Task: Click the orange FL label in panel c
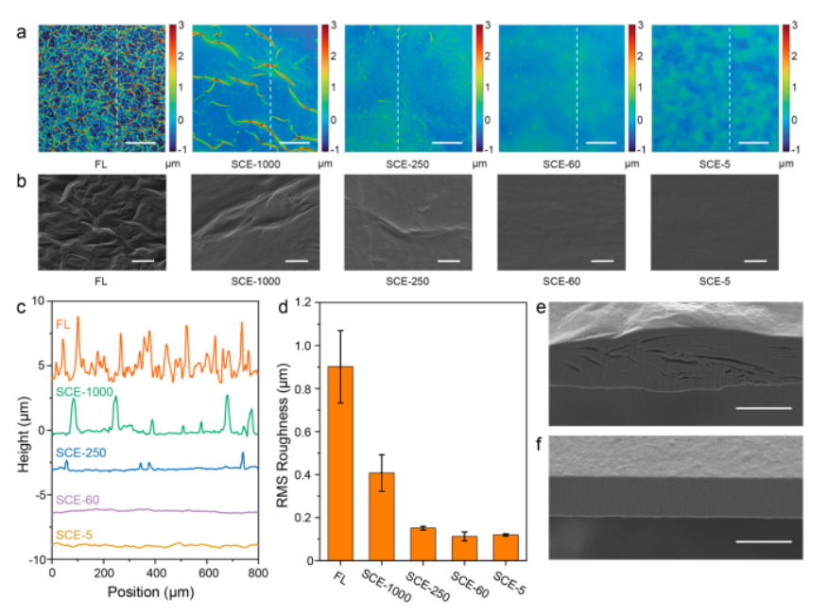coord(63,324)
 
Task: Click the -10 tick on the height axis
coord(38,560)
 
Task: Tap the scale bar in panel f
coord(762,542)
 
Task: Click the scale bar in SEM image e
coord(762,408)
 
